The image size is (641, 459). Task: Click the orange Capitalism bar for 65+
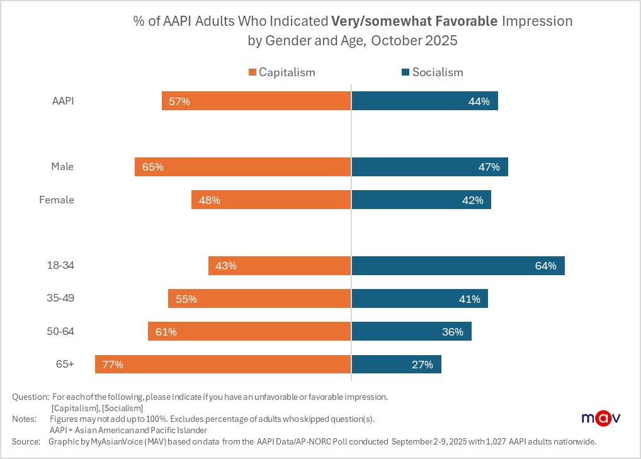(223, 364)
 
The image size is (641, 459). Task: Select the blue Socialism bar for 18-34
(458, 266)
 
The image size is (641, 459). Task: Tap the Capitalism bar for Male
(242, 167)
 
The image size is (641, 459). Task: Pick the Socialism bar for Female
(421, 200)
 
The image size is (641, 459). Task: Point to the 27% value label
(423, 365)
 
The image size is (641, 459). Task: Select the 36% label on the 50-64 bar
(453, 332)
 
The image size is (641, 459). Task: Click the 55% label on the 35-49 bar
(186, 299)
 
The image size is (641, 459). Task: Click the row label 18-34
(62, 265)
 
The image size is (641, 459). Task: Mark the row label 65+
(65, 364)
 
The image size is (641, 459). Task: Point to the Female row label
(57, 200)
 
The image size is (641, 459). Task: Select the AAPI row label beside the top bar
(63, 101)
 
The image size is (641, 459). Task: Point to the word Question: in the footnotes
(30, 397)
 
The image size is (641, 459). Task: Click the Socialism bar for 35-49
(419, 299)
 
